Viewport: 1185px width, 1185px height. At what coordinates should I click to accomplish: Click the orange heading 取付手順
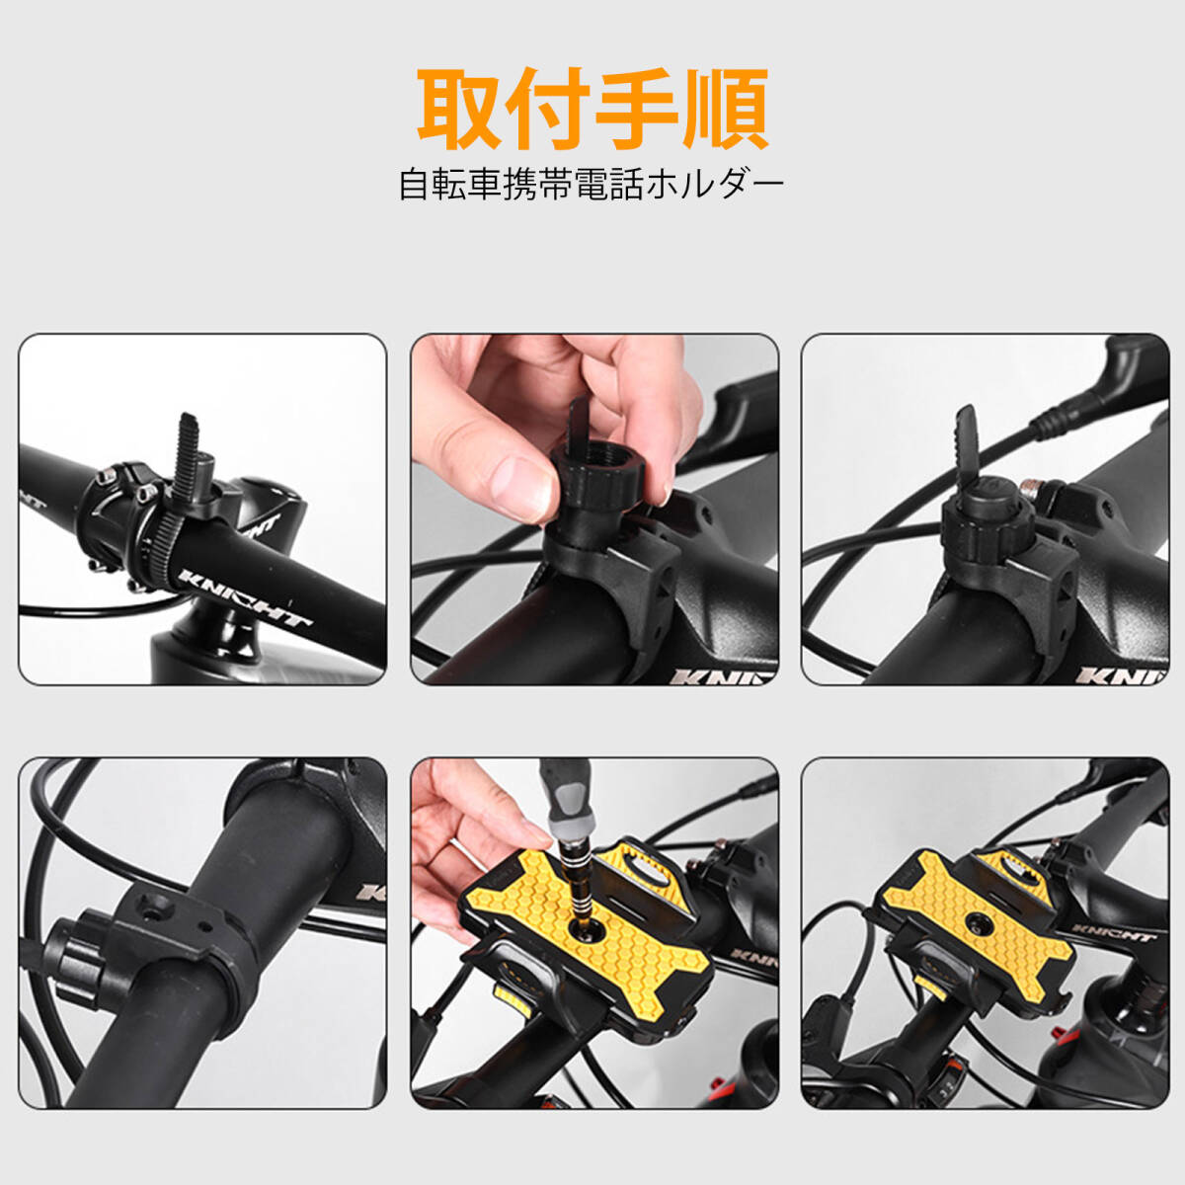tap(592, 108)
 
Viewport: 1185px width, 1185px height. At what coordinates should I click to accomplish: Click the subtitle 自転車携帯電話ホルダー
tap(592, 185)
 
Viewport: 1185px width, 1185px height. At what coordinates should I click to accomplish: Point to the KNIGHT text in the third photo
tap(1121, 675)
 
